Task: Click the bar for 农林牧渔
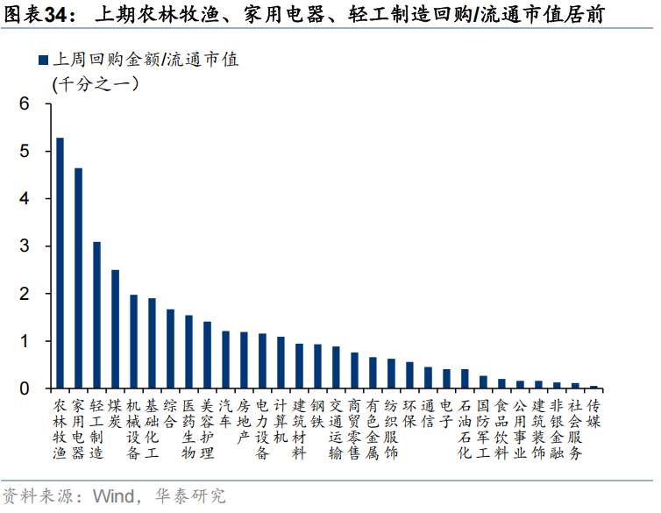(x=60, y=263)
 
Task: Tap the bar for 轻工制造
(x=96, y=315)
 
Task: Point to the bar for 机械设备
(x=133, y=341)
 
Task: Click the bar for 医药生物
(x=188, y=352)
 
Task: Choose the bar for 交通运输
(x=336, y=367)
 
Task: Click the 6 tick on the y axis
(x=25, y=104)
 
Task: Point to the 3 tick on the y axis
(x=25, y=246)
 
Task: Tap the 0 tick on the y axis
(x=25, y=388)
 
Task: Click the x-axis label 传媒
(x=593, y=414)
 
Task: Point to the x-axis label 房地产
(x=244, y=422)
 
